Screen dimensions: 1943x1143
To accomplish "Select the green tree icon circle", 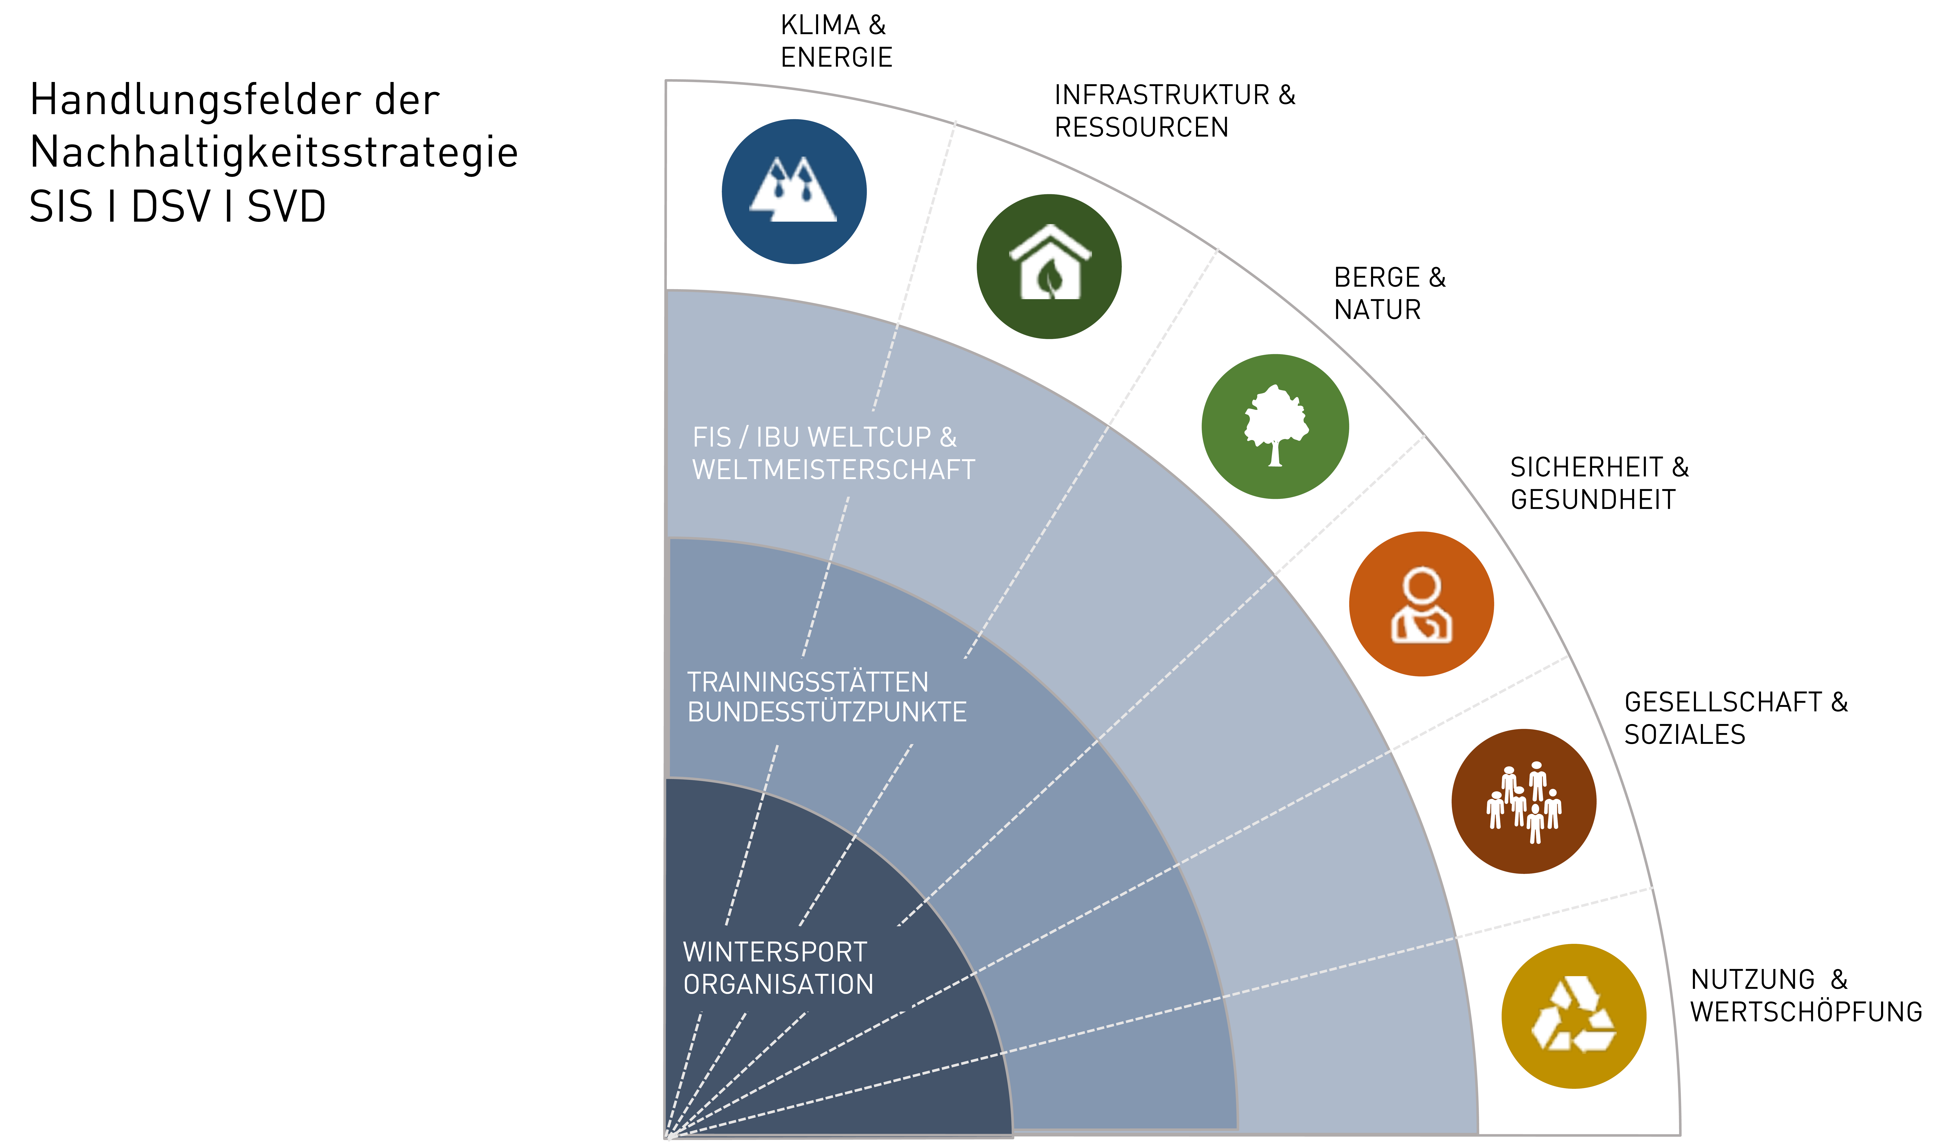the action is point(1275,426).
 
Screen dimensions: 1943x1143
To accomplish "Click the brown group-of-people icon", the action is point(1524,802).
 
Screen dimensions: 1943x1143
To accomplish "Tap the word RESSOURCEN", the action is point(1141,127).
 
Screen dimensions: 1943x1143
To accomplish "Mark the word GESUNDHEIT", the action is point(1593,500).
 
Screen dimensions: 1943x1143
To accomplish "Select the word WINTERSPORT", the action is point(775,952).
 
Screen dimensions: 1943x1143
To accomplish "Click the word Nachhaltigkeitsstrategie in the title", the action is point(274,152).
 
